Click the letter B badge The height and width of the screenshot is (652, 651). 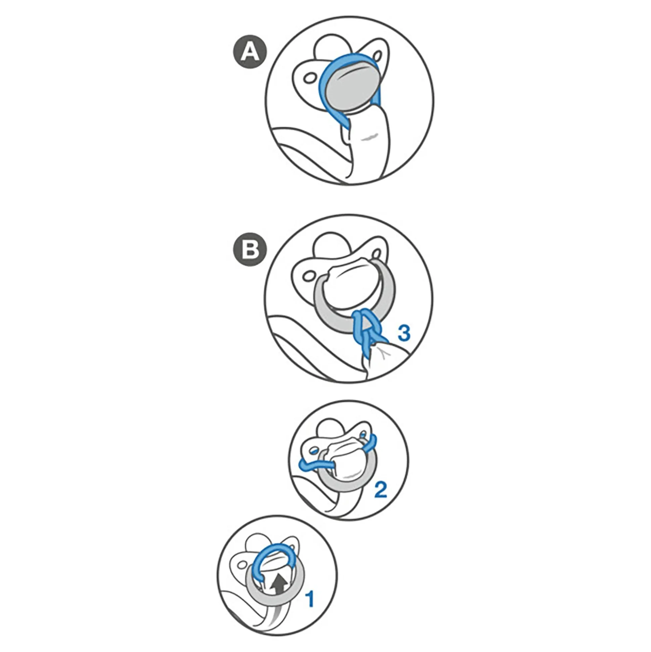point(250,250)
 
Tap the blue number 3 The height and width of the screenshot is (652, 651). point(404,333)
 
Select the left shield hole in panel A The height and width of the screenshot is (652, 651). point(308,79)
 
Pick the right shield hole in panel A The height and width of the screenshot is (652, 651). point(377,55)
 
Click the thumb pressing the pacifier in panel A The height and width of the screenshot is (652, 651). point(369,145)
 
